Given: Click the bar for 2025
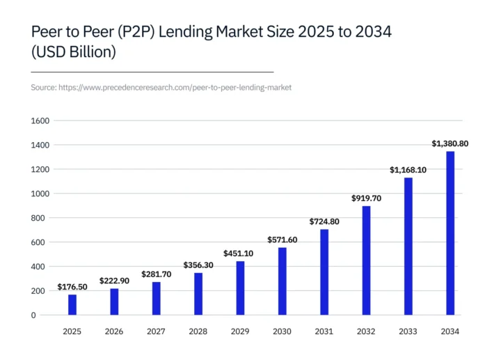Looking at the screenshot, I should pos(72,305).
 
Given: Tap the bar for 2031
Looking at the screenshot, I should pos(324,272).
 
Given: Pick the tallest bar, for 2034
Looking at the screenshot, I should pos(450,233).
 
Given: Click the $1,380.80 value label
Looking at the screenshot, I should pos(450,143).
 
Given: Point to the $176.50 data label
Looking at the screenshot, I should pos(72,287).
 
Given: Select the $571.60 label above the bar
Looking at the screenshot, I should pos(282,240).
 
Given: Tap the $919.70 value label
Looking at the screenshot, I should pos(366,198).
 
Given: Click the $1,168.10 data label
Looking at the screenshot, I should pos(408,169).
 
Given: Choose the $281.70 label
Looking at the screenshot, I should pos(157,274).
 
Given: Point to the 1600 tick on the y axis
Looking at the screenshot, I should pos(40,121).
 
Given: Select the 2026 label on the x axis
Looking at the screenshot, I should pos(114,332).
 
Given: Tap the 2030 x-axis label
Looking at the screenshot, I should pos(282,332).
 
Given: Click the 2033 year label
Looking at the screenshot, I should pos(408,332).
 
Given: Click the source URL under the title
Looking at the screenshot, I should pos(161,88).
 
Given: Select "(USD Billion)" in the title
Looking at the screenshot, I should pos(73,53).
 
